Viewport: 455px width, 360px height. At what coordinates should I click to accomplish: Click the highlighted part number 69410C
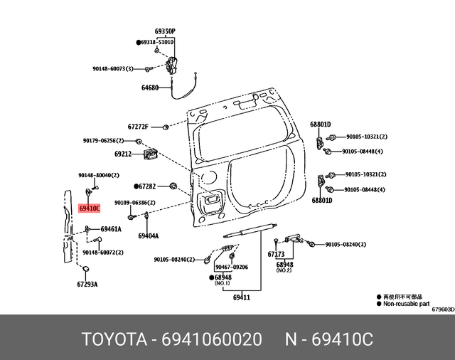90,208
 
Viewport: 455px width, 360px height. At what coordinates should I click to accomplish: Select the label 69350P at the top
165,32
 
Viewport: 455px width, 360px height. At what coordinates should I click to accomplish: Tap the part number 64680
150,88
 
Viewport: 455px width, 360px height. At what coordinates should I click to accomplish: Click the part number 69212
123,153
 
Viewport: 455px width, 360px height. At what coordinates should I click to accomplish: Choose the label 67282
146,186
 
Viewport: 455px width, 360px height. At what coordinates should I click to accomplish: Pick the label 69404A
149,235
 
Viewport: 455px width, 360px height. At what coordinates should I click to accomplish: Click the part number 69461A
110,229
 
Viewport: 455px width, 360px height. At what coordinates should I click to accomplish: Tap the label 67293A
87,284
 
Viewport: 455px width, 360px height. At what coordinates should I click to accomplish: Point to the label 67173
276,254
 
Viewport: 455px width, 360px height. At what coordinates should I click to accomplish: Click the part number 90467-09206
232,267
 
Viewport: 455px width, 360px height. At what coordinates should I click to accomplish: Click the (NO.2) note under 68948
284,270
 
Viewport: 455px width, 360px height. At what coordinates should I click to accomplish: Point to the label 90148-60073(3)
117,69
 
